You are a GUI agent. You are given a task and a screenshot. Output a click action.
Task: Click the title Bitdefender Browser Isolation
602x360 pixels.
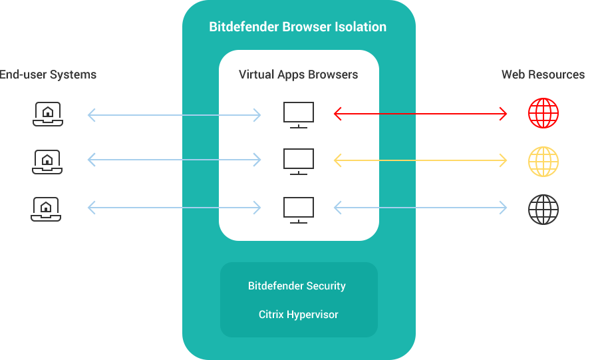click(297, 27)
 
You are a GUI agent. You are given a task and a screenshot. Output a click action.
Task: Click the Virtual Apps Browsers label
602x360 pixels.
click(298, 75)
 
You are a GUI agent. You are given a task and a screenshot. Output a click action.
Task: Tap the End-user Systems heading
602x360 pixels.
click(48, 75)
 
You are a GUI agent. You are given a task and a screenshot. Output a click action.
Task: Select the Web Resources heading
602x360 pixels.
click(543, 75)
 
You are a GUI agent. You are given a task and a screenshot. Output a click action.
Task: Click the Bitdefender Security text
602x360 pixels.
click(297, 286)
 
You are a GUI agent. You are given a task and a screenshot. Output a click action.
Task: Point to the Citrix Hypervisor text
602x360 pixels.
click(298, 314)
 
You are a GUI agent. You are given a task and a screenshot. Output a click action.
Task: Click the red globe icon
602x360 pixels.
click(543, 114)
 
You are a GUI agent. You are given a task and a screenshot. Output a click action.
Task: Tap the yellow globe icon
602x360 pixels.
click(543, 160)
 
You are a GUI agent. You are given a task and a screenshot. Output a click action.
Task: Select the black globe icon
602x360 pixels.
click(543, 209)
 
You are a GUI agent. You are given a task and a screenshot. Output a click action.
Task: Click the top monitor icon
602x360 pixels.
click(298, 114)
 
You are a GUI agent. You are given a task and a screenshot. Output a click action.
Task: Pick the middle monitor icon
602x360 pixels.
click(298, 161)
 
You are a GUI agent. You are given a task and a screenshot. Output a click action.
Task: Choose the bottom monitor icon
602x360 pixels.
click(298, 209)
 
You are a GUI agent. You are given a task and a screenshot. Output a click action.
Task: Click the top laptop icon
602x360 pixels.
click(47, 114)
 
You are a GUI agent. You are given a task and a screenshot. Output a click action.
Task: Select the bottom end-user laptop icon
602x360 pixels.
click(47, 209)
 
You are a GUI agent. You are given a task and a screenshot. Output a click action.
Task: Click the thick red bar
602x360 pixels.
click(448, 114)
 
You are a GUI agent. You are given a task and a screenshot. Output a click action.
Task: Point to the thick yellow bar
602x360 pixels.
click(448, 160)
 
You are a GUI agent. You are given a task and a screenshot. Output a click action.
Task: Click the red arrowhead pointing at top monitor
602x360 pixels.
click(337, 114)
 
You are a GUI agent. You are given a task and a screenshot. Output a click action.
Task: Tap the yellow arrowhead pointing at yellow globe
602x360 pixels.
click(503, 160)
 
